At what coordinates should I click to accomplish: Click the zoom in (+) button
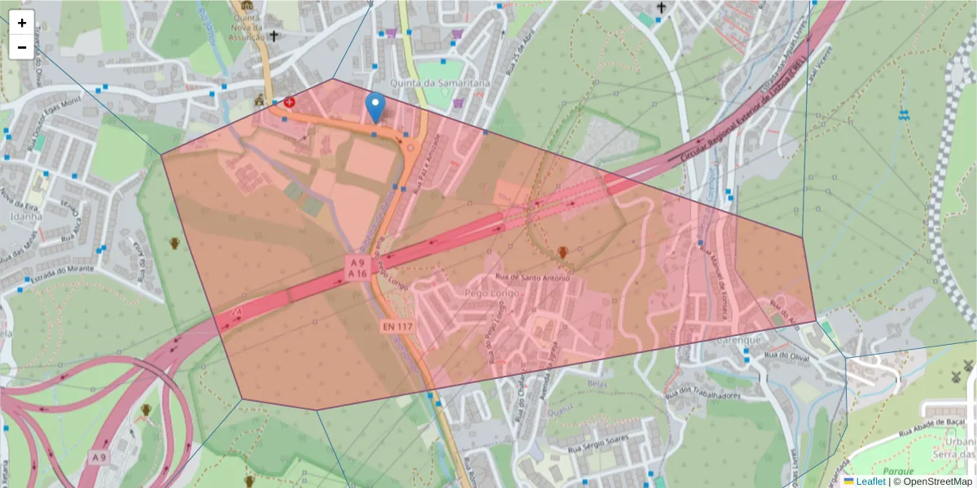pyautogui.click(x=22, y=23)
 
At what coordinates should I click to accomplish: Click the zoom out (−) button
pyautogui.click(x=22, y=47)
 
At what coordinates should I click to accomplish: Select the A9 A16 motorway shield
pyautogui.click(x=357, y=268)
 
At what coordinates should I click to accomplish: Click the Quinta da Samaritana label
pyautogui.click(x=429, y=84)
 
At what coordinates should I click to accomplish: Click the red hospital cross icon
pyautogui.click(x=289, y=102)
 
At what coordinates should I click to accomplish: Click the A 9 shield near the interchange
pyautogui.click(x=99, y=458)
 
